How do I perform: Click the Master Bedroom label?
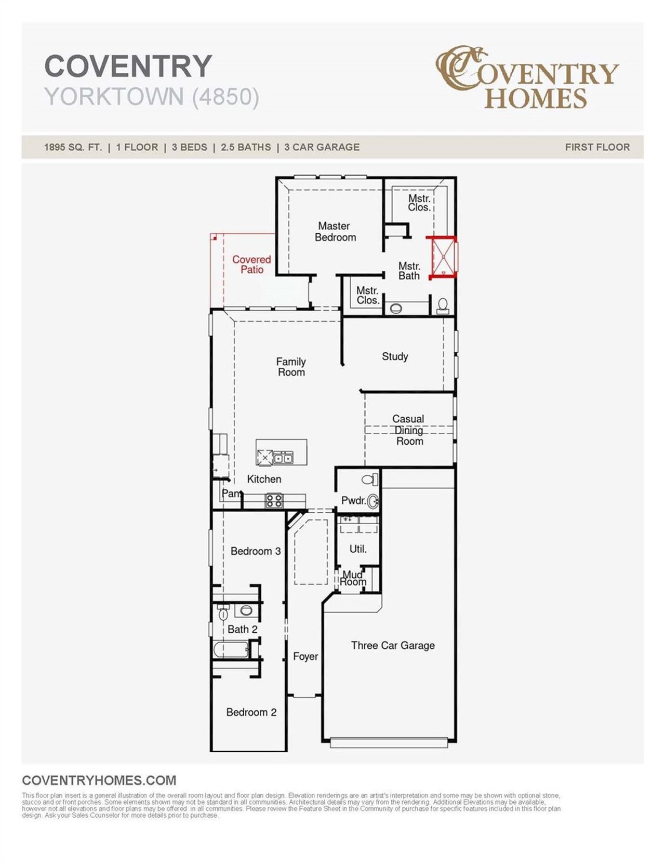[x=335, y=232]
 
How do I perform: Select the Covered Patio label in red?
[x=251, y=264]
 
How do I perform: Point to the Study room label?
[x=395, y=356]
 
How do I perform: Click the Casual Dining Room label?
[x=409, y=430]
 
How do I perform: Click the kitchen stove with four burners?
[x=274, y=501]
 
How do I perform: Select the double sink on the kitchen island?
[x=283, y=458]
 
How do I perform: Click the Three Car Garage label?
[x=393, y=645]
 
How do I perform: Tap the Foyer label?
[x=305, y=656]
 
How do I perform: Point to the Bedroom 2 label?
[x=251, y=712]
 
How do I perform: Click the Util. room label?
[x=358, y=549]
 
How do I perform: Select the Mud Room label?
[x=353, y=578]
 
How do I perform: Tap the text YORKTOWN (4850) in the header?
[x=152, y=97]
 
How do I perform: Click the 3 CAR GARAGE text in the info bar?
[x=322, y=147]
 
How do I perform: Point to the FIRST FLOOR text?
[x=597, y=147]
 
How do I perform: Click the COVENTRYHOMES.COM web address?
[x=99, y=780]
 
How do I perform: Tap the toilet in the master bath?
[x=443, y=305]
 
